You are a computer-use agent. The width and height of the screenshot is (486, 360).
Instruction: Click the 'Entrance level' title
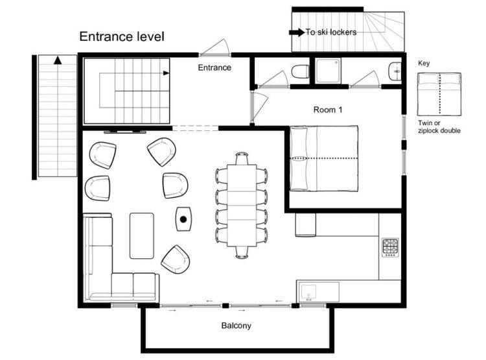122,36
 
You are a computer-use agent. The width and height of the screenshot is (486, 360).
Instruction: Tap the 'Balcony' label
236,326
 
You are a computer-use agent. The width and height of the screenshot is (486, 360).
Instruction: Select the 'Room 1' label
328,110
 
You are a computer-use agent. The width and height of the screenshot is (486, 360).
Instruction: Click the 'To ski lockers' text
331,32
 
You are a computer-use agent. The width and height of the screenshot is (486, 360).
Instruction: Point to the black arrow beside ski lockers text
297,32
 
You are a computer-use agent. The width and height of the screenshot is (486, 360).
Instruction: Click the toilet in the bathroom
300,72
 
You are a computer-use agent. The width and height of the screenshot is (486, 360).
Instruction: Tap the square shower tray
329,71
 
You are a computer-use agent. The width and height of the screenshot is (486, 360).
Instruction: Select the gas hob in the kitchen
390,248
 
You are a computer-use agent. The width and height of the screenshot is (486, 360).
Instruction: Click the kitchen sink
308,293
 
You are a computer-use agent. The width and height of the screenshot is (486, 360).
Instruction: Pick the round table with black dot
183,219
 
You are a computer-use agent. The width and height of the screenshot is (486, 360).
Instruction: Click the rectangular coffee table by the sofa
142,235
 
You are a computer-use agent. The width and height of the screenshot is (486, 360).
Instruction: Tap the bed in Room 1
324,158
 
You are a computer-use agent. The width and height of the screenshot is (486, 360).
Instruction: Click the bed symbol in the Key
439,94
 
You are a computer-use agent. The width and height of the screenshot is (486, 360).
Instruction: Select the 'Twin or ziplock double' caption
439,126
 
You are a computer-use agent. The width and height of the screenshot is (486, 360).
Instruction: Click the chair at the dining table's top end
242,158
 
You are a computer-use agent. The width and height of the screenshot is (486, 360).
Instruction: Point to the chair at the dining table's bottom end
242,252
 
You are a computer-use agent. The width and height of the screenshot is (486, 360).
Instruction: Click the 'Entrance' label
214,67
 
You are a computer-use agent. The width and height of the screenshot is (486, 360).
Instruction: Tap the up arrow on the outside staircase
58,60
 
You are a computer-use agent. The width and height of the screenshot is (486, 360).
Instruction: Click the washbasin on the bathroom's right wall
395,72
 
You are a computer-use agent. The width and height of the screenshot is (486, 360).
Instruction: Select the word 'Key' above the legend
424,64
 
